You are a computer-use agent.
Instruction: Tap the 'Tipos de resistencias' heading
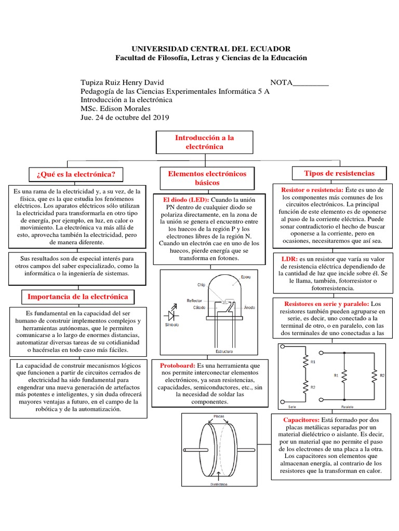(x=338, y=173)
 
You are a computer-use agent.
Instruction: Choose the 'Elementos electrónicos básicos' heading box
(x=207, y=178)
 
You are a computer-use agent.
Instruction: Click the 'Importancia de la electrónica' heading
(x=77, y=297)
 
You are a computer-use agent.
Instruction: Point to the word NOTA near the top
(x=281, y=82)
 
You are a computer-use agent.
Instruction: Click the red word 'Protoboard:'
(x=178, y=366)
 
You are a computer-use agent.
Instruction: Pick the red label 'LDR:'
(x=289, y=258)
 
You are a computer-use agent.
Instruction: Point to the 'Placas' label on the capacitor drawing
(x=219, y=416)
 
